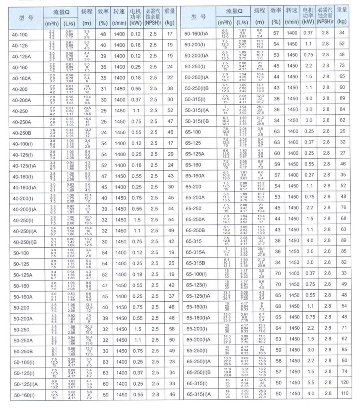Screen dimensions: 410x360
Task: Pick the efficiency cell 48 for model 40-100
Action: (103, 34)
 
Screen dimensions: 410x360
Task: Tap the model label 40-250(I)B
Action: (25, 242)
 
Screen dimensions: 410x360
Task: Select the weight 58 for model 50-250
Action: (171, 329)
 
